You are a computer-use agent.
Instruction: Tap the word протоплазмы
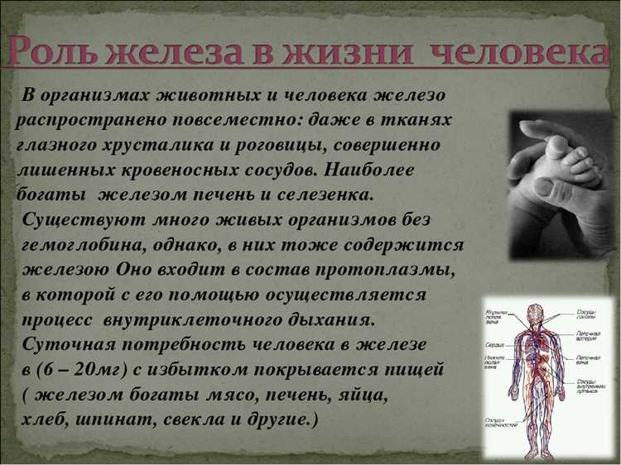[x=388, y=270]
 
